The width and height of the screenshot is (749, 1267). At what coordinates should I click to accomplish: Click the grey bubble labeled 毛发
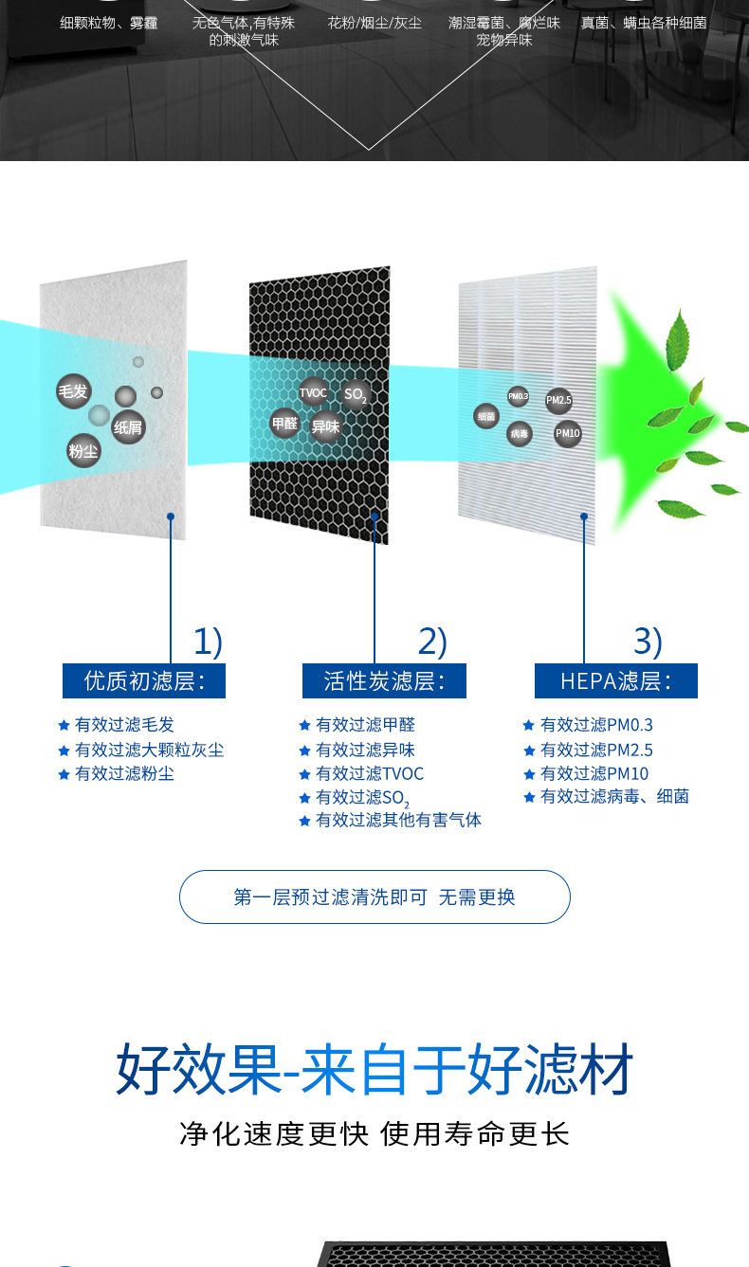[x=73, y=391]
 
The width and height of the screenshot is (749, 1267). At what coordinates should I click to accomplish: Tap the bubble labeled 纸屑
[x=128, y=427]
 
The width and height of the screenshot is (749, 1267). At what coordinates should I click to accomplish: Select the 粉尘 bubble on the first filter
[x=83, y=451]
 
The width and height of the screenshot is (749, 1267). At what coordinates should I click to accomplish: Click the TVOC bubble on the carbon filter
[x=313, y=392]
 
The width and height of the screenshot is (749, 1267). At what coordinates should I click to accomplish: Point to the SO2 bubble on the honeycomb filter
[x=356, y=394]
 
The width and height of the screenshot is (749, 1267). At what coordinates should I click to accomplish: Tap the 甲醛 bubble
[x=284, y=424]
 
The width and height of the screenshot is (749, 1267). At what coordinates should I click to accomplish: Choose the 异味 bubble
[x=325, y=426]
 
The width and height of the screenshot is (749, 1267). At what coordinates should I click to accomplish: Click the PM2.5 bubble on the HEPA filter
[x=558, y=401]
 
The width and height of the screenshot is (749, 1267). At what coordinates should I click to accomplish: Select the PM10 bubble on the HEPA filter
[x=567, y=433]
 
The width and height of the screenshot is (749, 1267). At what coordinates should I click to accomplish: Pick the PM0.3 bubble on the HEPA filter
[x=518, y=396]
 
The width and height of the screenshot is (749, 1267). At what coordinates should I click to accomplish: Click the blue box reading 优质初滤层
[x=144, y=681]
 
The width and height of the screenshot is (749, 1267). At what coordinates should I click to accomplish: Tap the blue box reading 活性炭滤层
[x=384, y=681]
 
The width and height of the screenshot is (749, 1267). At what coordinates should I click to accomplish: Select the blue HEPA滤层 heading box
[x=615, y=681]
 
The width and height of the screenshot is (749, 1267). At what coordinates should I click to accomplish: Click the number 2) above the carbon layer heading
[x=432, y=643]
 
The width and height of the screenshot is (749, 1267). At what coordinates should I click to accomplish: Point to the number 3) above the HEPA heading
[x=649, y=643]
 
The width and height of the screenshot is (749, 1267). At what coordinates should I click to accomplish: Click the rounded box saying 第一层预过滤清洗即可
[x=374, y=896]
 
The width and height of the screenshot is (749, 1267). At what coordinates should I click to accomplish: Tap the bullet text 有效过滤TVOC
[x=369, y=774]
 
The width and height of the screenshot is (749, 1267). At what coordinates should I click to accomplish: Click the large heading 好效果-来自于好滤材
[x=374, y=1071]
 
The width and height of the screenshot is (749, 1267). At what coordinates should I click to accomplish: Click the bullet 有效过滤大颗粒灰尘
[x=149, y=750]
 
